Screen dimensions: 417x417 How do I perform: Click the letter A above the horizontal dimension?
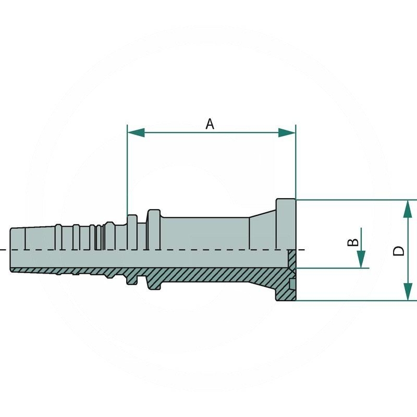pos(210,124)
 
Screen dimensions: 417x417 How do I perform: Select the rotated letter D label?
pos(399,251)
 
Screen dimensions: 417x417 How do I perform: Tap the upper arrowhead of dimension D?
pos(407,208)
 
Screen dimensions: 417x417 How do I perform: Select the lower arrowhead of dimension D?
pos(407,292)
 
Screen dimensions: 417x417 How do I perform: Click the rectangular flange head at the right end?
pos(286,224)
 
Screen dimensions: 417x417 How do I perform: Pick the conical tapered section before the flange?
pos(263,229)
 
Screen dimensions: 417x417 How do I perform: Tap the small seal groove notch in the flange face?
pos(293,284)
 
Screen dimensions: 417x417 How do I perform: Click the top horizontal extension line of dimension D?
pos(354,200)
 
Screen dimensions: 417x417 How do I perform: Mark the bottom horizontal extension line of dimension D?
pos(354,301)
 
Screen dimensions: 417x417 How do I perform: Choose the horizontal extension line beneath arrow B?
pos(334,268)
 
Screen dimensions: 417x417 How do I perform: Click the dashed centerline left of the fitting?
pos(4,250)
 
